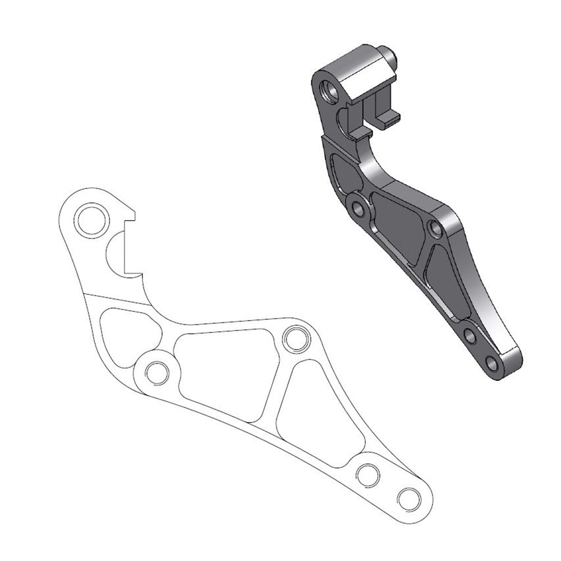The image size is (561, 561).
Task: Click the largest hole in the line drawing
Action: point(92,220)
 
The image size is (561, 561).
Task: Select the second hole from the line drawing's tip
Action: point(368,475)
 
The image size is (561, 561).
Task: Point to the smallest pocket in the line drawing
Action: point(126,332)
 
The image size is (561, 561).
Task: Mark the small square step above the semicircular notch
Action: point(130,215)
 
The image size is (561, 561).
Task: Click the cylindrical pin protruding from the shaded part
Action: point(390,56)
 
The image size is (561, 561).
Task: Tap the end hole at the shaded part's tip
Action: point(492,363)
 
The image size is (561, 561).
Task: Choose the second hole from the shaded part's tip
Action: point(471,337)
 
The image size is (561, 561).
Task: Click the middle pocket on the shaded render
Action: point(399,227)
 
